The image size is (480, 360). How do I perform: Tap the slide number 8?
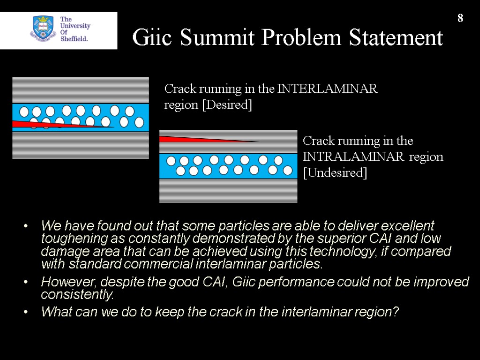point(460,18)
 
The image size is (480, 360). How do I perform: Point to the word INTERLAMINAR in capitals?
point(327,89)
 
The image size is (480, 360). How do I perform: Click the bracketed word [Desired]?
point(227,105)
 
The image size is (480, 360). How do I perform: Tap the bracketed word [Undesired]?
point(335,172)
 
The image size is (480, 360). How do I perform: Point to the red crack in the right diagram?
point(197,139)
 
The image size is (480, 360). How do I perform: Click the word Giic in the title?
point(148,38)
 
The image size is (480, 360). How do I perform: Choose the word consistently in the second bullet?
point(77,295)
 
